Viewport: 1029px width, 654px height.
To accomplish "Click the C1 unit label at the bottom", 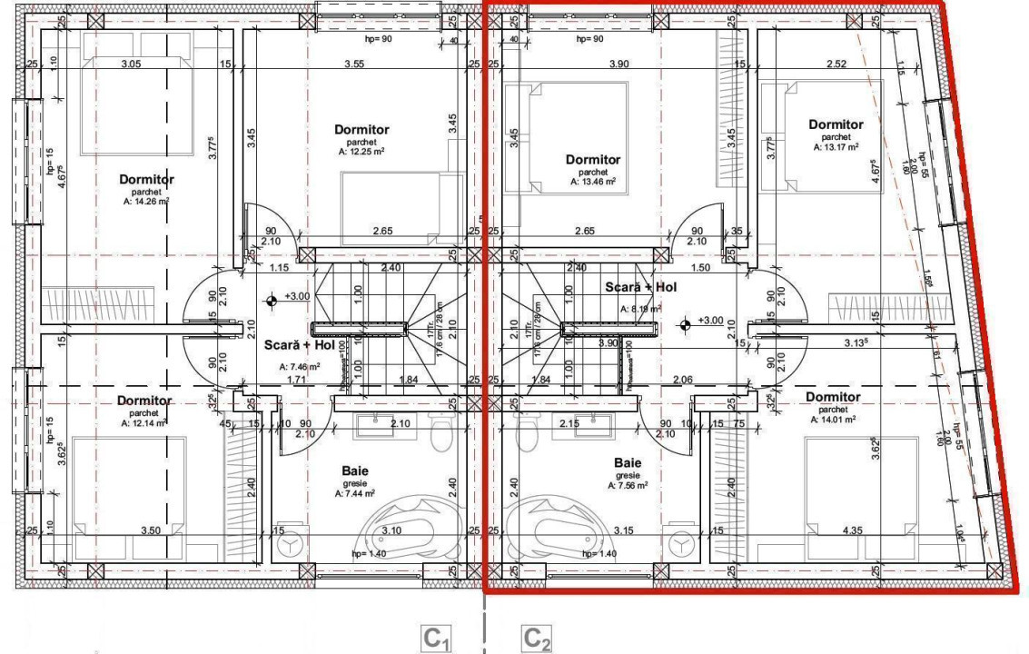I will [x=437, y=639].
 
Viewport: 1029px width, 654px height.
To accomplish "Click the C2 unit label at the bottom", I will [x=537, y=639].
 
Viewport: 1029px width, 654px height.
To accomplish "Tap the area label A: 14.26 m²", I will [x=146, y=203].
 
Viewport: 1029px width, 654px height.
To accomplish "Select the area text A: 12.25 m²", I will [x=361, y=153].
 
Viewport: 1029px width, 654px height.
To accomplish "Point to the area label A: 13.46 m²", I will [x=593, y=182].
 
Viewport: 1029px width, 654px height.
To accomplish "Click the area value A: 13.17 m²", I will [x=836, y=146].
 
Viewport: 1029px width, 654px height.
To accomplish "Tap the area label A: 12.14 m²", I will [x=143, y=423].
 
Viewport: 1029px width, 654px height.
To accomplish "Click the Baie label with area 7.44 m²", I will [x=355, y=471].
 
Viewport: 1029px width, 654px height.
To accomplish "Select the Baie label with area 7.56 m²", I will [x=627, y=462].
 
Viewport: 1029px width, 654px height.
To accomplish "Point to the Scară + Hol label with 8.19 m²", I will [x=641, y=287].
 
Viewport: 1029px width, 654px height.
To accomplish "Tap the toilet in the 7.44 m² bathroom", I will [x=441, y=434].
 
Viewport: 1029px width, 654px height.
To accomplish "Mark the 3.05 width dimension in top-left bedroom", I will [x=131, y=64].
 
